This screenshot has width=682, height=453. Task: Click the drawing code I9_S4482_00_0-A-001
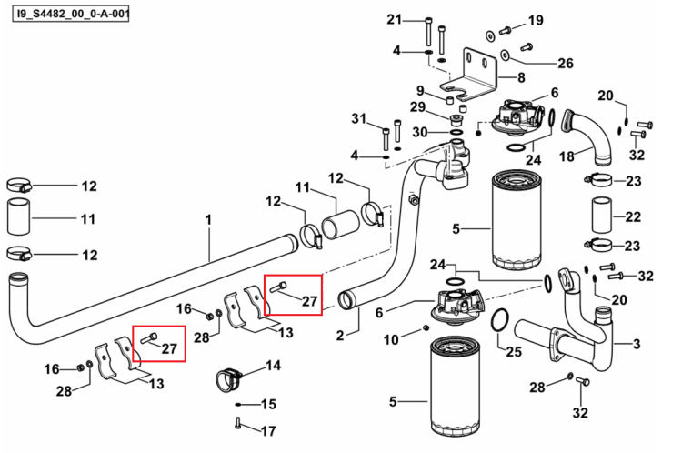[x=71, y=14]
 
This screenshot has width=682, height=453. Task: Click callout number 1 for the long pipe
[x=209, y=220]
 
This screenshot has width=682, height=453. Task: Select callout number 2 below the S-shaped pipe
[x=340, y=335]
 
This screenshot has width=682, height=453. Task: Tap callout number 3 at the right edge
[x=637, y=344]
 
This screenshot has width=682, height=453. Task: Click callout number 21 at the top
[x=395, y=20]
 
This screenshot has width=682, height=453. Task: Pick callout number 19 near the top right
[x=536, y=20]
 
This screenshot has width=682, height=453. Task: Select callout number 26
[x=566, y=63]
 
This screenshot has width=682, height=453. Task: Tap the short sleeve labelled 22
[x=602, y=216]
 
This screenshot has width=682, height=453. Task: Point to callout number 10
[x=391, y=339]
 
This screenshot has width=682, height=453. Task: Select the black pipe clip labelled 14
[x=228, y=379]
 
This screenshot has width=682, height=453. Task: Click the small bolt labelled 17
[x=237, y=423]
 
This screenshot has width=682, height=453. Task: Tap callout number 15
[x=268, y=404]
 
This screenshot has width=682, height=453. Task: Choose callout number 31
[x=359, y=118]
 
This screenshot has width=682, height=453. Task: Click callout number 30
[x=420, y=132]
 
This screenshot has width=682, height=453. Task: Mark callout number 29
[x=417, y=106]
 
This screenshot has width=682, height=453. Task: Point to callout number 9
[x=420, y=91]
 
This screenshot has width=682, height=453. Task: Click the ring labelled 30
[x=456, y=132]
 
